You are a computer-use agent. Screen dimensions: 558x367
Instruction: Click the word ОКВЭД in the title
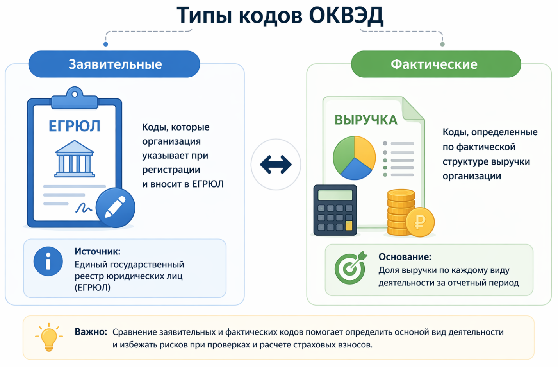point(346,16)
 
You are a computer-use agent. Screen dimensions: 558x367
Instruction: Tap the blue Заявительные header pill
point(114,64)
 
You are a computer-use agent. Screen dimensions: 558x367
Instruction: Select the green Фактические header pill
point(436,64)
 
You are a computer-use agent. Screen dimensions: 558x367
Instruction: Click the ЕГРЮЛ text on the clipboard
point(75,126)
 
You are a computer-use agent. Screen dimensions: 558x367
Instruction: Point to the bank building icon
point(75,159)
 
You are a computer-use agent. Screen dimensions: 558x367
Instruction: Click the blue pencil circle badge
point(115,208)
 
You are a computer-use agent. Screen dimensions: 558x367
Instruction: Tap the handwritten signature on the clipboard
point(84,208)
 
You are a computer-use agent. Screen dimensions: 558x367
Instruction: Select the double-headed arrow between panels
point(276,165)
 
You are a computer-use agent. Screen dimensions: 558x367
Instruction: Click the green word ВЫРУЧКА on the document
point(366,120)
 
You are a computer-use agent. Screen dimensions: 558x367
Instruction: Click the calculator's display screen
point(335,195)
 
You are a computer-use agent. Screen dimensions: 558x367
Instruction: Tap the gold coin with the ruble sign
point(420,222)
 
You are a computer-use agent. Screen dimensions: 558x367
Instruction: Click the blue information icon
point(48,261)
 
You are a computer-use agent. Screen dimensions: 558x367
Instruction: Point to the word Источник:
point(97,251)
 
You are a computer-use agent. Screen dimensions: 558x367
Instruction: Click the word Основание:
point(405,256)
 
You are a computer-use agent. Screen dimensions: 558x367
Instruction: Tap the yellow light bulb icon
point(49,337)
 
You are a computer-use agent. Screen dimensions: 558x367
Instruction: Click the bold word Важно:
point(91,332)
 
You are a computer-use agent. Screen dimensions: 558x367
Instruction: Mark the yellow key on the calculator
point(349,226)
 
